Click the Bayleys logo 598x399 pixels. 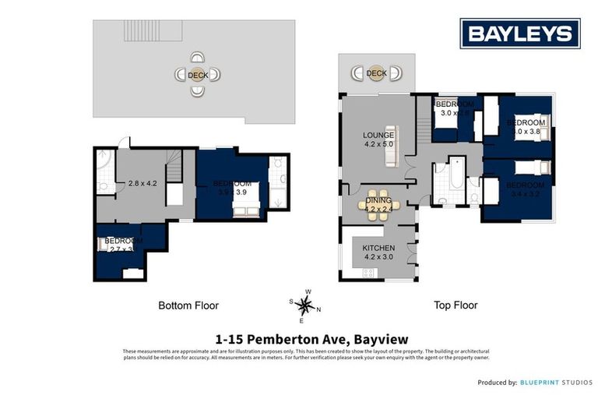click(x=519, y=34)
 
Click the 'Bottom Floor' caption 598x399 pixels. click(x=188, y=305)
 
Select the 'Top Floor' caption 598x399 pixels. click(x=456, y=305)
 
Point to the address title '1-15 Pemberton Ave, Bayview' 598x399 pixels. click(x=306, y=339)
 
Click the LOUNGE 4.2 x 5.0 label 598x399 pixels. click(x=378, y=139)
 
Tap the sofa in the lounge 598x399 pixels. click(x=393, y=146)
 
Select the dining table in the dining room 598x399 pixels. click(x=378, y=205)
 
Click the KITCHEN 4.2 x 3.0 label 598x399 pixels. click(x=378, y=252)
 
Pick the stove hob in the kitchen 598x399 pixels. click(x=368, y=272)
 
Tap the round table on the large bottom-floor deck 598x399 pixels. click(x=198, y=76)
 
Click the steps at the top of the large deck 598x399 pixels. click(x=153, y=32)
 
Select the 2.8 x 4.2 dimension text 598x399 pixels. click(x=142, y=185)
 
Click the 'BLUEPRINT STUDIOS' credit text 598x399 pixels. click(x=557, y=383)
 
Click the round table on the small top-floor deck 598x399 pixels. click(x=377, y=73)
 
